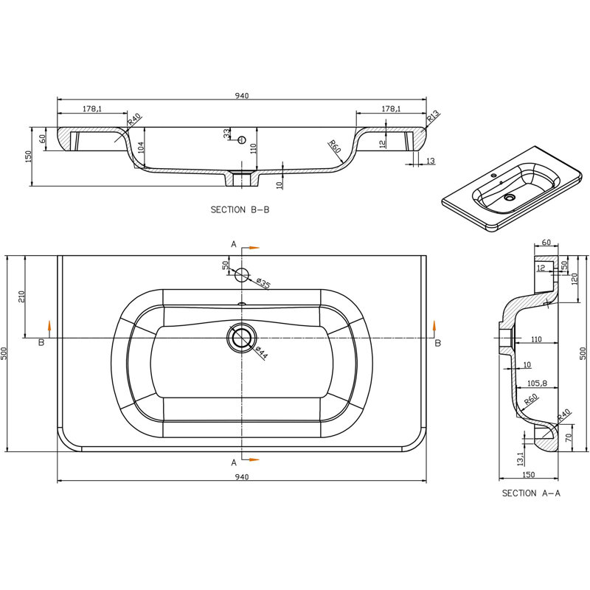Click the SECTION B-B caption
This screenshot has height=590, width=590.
(x=240, y=209)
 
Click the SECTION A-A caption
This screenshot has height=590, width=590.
(x=531, y=493)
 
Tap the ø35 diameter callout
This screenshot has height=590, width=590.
(x=263, y=283)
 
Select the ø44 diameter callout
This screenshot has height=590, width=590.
(x=261, y=353)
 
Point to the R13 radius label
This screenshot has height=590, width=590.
(x=433, y=117)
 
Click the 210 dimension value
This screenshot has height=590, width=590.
(x=21, y=297)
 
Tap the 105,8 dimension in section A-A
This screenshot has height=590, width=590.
(x=537, y=383)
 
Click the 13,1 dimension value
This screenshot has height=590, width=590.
(x=521, y=459)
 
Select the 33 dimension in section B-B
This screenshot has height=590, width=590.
(x=226, y=133)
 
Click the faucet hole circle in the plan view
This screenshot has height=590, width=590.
(x=242, y=275)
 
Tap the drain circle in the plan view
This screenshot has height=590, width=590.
(x=242, y=338)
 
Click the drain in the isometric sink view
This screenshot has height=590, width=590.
(x=510, y=197)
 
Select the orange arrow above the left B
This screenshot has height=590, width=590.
(x=49, y=325)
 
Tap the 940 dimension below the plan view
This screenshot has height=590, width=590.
(x=242, y=476)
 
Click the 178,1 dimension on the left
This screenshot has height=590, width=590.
(x=92, y=108)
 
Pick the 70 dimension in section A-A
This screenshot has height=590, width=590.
(x=569, y=437)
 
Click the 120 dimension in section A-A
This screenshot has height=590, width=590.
(x=575, y=280)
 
